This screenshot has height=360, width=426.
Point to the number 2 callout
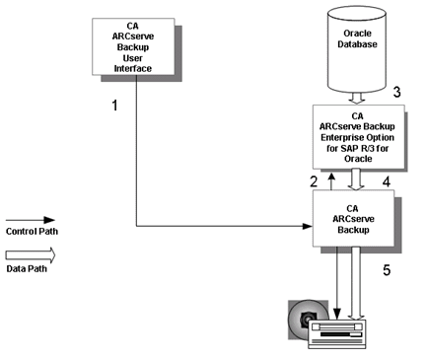click(313, 180)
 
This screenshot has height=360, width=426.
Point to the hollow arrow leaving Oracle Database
click(354, 96)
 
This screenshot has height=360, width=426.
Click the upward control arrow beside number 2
click(331, 180)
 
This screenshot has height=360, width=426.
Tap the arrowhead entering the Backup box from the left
click(305, 227)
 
